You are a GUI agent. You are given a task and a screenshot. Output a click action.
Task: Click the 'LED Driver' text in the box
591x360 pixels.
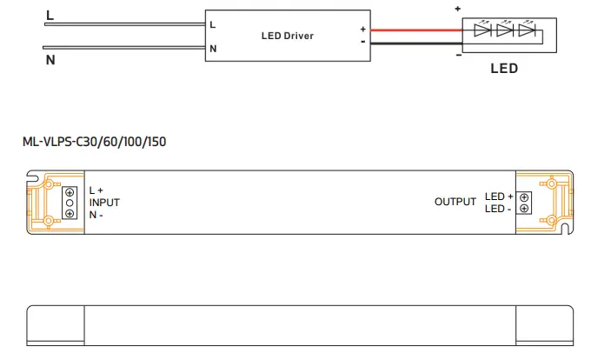pos(287,36)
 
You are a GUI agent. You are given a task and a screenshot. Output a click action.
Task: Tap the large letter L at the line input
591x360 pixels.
pos(49,16)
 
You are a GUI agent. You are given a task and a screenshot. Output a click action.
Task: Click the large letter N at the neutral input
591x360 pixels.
pos(49,60)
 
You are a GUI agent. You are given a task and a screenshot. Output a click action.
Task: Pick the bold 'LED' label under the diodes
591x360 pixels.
pos(504,69)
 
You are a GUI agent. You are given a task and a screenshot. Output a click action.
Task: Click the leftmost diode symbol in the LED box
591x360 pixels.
pos(482,30)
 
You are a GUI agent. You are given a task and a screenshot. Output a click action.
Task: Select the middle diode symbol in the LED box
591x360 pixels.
pos(504,30)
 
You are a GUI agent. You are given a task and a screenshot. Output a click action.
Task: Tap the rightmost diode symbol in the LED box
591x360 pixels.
pos(525,30)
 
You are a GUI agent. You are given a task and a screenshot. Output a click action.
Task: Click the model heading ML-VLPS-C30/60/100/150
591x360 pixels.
pos(94,143)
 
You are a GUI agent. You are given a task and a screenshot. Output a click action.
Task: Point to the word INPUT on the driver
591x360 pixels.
pos(104,203)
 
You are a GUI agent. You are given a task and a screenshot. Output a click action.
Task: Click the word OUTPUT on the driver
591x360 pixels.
pos(455,202)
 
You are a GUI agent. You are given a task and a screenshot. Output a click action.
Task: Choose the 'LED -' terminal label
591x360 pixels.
pos(498,209)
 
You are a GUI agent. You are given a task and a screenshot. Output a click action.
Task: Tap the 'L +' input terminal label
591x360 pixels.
pos(96,190)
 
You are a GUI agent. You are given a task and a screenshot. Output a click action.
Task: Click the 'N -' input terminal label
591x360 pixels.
pos(96,215)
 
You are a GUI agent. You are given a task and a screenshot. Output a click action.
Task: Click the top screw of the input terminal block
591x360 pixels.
pos(70,191)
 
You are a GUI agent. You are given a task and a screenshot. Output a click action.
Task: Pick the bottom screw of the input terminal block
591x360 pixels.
pos(70,214)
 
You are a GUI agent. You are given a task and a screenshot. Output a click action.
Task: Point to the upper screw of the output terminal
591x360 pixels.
pos(523,197)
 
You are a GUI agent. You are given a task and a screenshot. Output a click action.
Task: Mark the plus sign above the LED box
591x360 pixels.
pos(458,9)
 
